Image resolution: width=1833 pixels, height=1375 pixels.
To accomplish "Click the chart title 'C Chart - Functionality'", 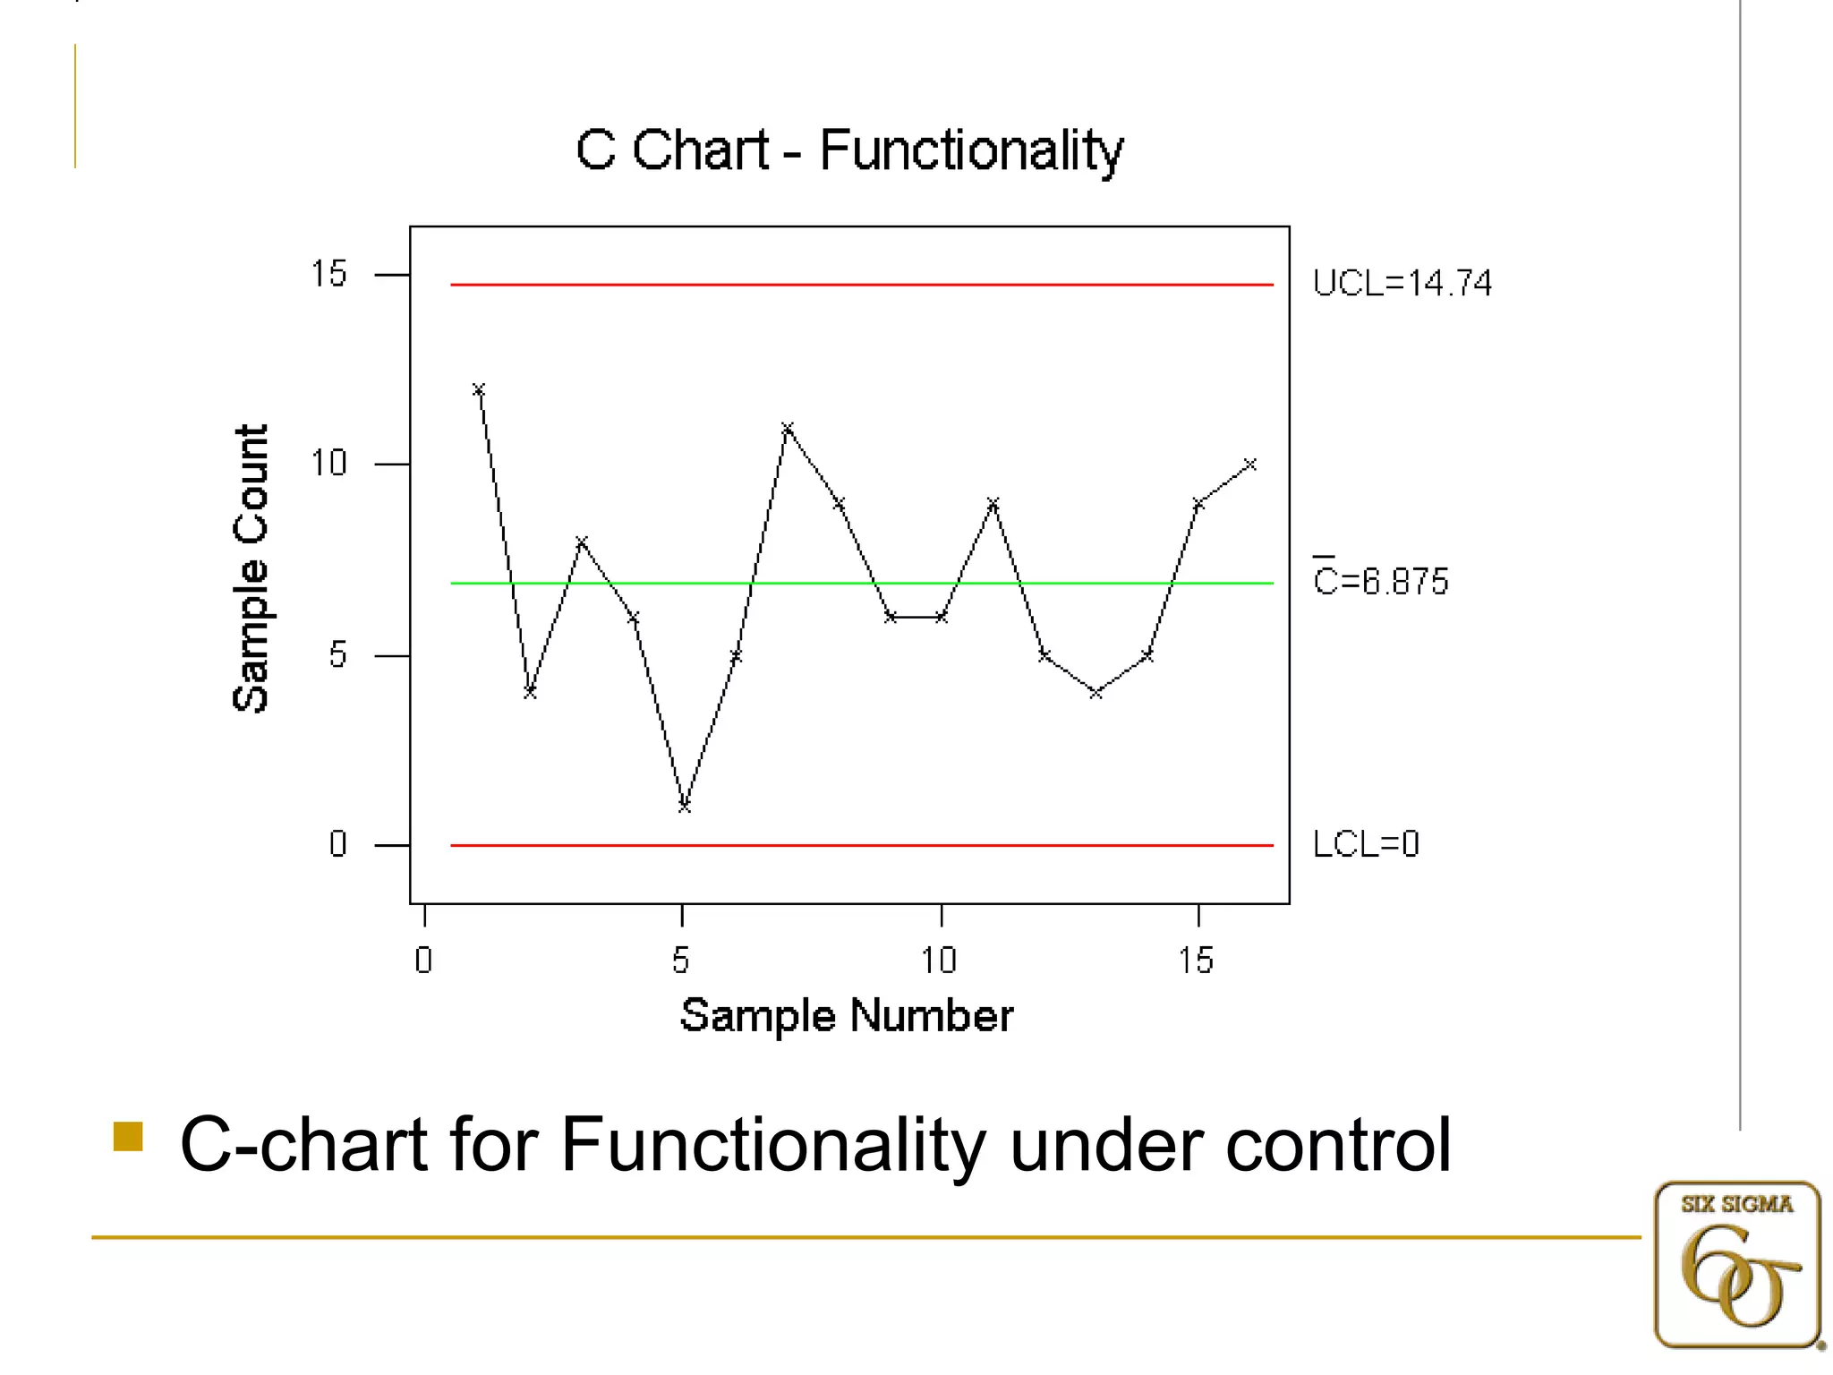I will (848, 149).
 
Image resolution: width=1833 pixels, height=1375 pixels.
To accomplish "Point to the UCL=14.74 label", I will (1402, 284).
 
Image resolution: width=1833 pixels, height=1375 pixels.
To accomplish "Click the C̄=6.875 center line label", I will (1380, 581).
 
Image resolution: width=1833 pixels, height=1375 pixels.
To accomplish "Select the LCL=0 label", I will (1366, 844).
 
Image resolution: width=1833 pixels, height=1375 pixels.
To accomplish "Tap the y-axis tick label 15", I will (328, 274).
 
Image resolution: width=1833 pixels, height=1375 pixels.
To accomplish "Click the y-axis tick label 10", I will (328, 464).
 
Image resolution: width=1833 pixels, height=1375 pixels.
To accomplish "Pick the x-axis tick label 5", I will (681, 961).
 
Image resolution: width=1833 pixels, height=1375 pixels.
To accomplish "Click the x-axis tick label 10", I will (939, 961).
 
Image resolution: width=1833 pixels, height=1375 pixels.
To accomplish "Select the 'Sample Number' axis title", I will (847, 1016).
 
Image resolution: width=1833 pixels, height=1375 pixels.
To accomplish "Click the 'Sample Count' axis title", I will (251, 568).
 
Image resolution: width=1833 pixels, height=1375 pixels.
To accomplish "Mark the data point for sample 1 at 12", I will (479, 389).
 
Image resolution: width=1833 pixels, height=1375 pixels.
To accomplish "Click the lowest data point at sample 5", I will (684, 807).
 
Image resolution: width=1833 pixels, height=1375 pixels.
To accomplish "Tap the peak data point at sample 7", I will (787, 429).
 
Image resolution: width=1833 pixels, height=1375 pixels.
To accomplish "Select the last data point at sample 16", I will (1250, 465).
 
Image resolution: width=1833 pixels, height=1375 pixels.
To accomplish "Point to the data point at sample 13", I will (1096, 693).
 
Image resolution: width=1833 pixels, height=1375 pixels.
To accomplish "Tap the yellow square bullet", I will (128, 1136).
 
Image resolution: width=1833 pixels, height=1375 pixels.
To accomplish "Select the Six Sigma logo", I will (1736, 1264).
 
